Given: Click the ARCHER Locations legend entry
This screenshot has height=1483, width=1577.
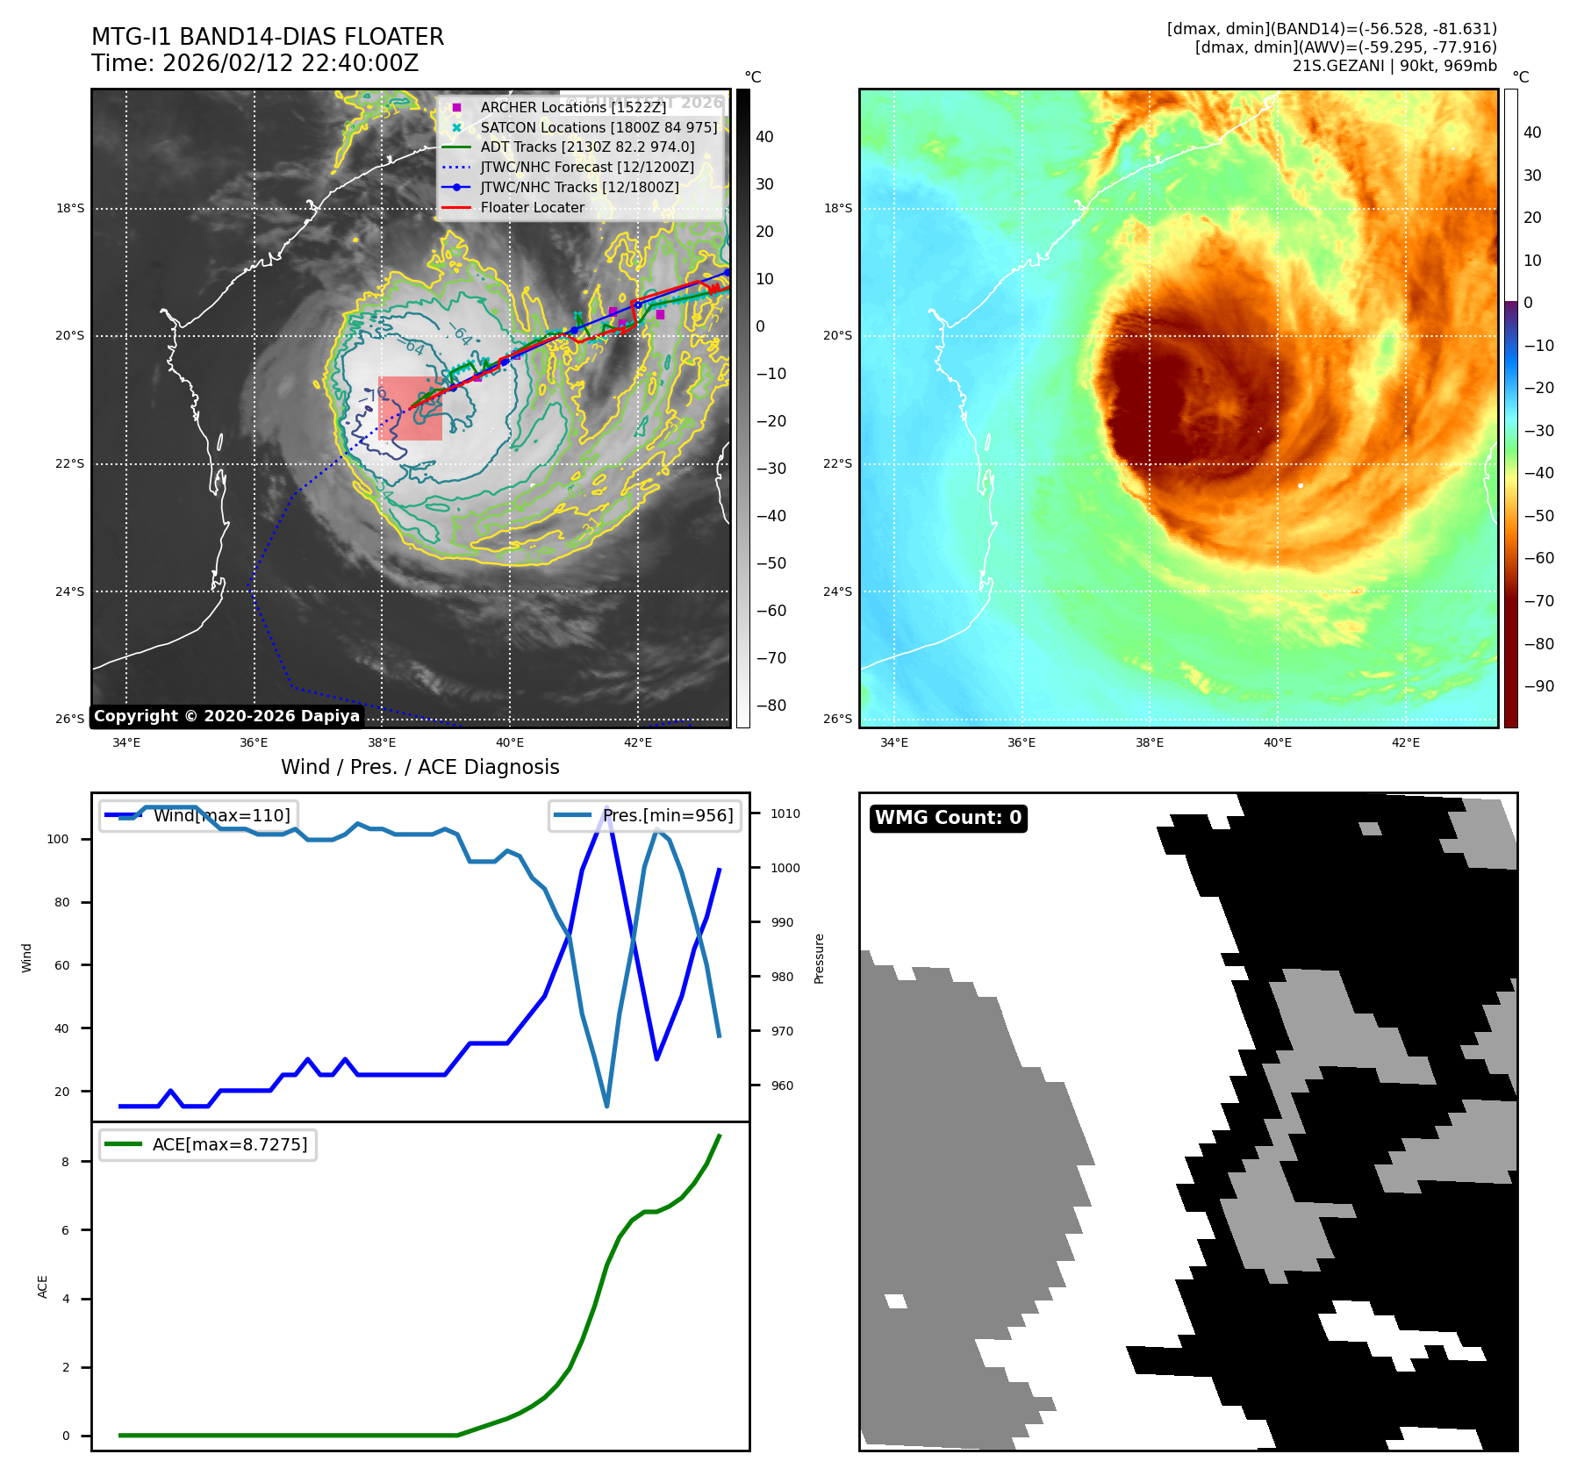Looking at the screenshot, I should click(573, 107).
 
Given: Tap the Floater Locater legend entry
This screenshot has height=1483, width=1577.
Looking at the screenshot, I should click(532, 207).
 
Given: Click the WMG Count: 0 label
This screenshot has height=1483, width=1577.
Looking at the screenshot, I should click(948, 818).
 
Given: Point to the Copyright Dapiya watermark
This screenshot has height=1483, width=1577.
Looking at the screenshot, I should click(226, 716).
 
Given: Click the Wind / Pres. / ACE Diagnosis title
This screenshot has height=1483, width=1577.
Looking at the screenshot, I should click(419, 767).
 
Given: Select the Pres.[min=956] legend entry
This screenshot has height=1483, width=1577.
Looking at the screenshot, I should click(667, 815).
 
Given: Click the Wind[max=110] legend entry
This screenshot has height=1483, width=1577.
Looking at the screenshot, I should click(221, 815).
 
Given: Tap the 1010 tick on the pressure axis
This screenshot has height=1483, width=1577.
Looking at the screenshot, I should click(785, 813).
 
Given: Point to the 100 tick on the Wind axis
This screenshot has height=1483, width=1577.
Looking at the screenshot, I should click(58, 839).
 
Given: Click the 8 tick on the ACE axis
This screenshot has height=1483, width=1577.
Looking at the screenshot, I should click(65, 1162).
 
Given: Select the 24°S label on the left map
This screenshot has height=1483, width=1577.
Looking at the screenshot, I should click(70, 591).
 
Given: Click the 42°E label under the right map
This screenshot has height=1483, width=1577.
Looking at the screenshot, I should click(1405, 742).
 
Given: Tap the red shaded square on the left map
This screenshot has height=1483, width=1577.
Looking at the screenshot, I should click(410, 408).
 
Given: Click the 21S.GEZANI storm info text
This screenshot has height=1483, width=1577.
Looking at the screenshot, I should click(1394, 66).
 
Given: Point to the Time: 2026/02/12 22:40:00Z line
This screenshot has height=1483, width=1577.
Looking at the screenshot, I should click(254, 63).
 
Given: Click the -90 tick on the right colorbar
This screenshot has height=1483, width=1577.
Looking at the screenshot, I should click(1538, 686).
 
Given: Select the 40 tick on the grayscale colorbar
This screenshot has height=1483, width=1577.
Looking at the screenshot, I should click(764, 137).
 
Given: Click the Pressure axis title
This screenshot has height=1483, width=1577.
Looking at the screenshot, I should click(819, 958).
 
